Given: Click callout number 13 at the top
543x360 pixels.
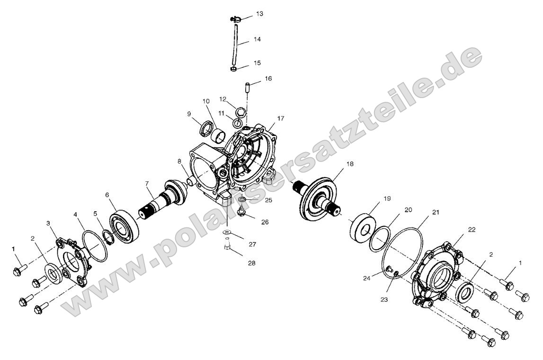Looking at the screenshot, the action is pos(259,14).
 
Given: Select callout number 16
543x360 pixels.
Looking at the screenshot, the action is pos(268,79).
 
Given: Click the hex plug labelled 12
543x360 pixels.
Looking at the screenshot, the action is pos(241,112).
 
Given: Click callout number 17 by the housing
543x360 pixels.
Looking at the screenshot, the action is pos(281,118).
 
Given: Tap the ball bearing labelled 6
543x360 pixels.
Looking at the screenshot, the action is pos(124,225).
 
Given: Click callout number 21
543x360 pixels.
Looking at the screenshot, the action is pos(436,212).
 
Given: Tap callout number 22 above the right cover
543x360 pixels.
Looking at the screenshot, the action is pos(472,230).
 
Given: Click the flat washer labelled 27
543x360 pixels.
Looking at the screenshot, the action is pos(227,232).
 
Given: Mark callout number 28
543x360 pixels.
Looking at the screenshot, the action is pos(251,263).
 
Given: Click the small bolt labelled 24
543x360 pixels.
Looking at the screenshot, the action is pos(389,269).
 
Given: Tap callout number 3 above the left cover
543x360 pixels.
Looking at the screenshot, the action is pos(48,224).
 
